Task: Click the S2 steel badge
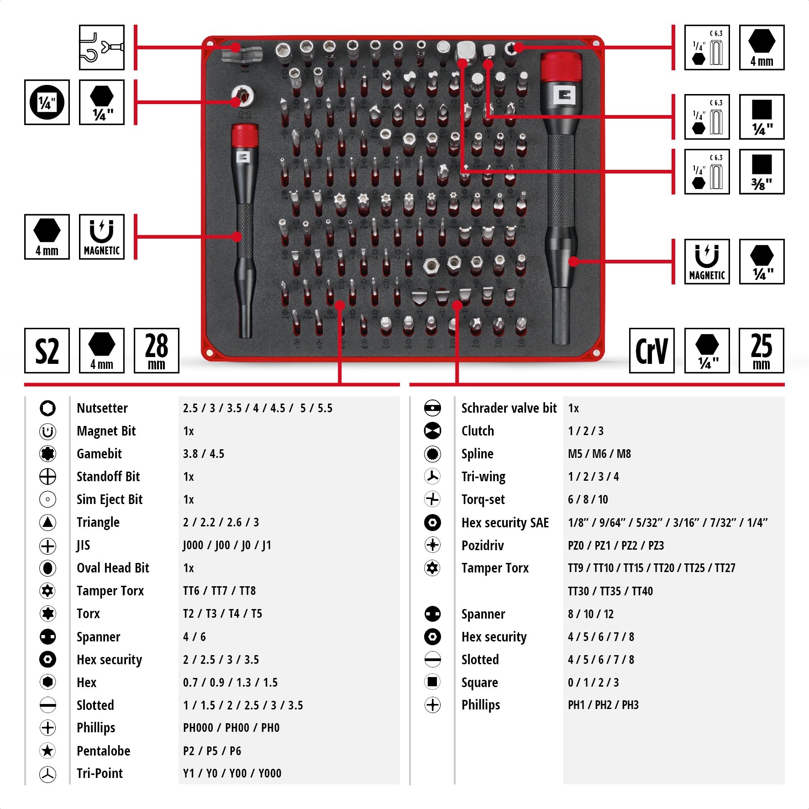(x=47, y=351)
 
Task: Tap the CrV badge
(x=651, y=351)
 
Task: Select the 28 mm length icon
(x=156, y=351)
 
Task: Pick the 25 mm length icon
(x=761, y=351)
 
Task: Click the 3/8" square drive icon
(x=762, y=172)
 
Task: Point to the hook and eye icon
(x=101, y=47)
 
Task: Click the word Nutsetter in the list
(x=102, y=408)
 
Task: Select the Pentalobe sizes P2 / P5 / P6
(x=212, y=751)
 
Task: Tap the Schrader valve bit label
(x=509, y=408)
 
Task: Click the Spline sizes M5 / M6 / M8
(x=599, y=454)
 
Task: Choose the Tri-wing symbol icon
(x=432, y=476)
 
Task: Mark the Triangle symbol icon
(x=47, y=522)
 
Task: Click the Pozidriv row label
(x=483, y=546)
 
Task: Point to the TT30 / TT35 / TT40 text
(x=610, y=591)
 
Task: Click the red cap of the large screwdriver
(x=561, y=68)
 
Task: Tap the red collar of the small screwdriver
(x=245, y=136)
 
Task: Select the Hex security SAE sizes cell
(x=667, y=523)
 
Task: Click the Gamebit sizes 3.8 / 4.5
(x=204, y=454)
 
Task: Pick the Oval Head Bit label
(x=113, y=568)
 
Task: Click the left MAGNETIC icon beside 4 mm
(x=101, y=237)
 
